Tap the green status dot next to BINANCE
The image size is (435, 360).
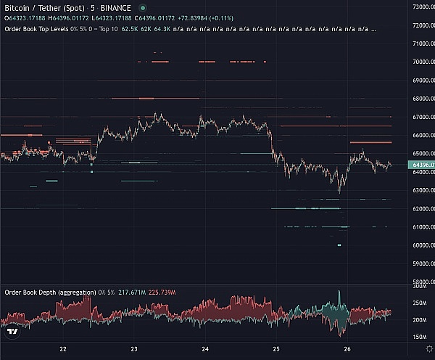tap(143, 8)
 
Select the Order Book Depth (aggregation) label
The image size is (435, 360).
tap(50, 292)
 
